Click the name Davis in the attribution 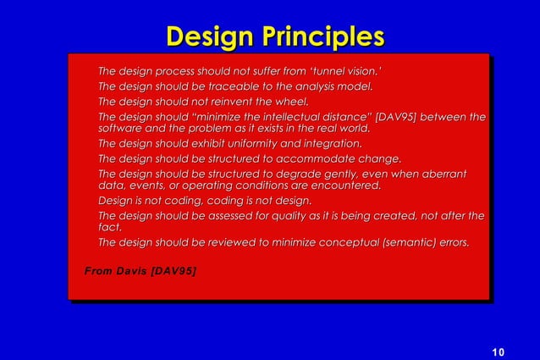point(130,271)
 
